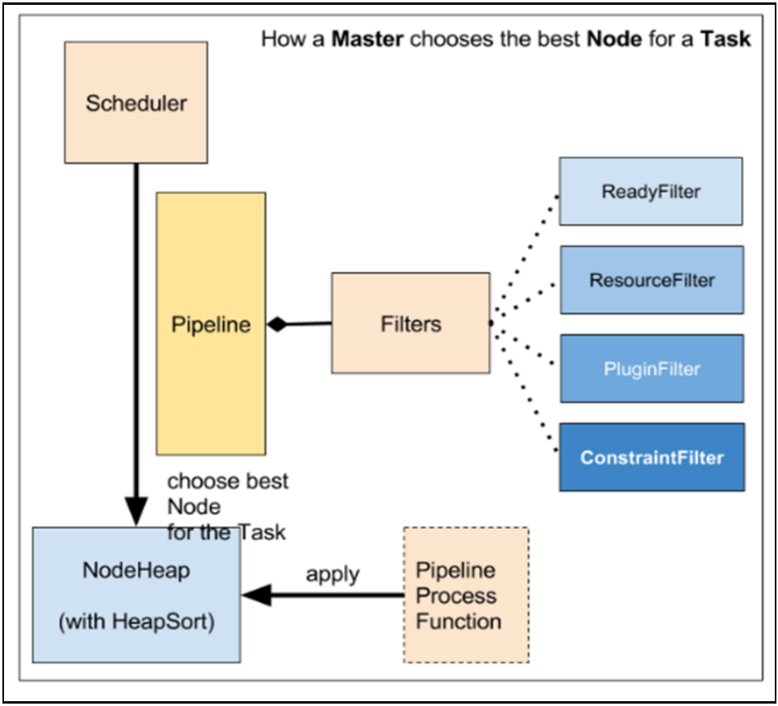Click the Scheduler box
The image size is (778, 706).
(136, 103)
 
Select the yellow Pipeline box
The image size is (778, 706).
(211, 323)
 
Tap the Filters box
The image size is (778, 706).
(411, 323)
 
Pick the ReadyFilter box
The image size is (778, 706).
(651, 192)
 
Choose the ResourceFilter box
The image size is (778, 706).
(652, 280)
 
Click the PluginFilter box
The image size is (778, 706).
(652, 368)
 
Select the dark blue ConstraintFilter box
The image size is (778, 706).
(652, 457)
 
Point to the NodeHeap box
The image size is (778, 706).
(136, 594)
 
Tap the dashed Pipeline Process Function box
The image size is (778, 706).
(466, 594)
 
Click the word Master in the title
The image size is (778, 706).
(367, 39)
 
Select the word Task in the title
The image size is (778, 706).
(725, 39)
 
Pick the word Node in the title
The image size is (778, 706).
(614, 39)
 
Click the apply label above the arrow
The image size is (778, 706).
(332, 575)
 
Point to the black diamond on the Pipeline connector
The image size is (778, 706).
(278, 324)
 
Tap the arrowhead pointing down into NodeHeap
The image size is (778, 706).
(136, 511)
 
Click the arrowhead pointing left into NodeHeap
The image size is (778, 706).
(257, 594)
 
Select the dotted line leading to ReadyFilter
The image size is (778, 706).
(524, 259)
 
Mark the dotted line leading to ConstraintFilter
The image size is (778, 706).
(524, 387)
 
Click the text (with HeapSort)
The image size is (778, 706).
(136, 622)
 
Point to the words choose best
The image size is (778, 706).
(228, 481)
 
